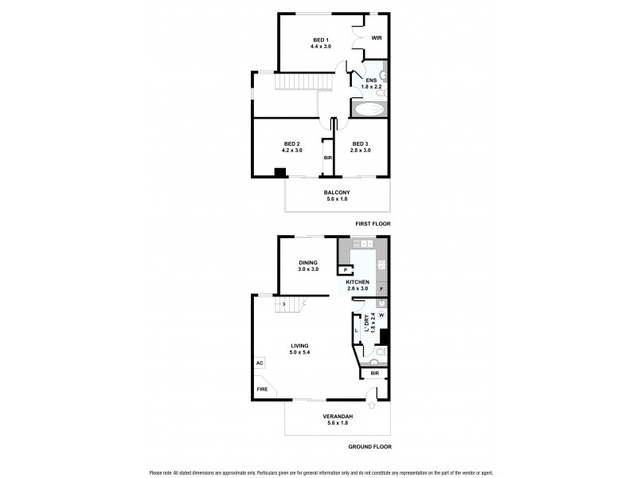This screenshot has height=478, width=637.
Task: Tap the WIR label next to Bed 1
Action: click(377, 37)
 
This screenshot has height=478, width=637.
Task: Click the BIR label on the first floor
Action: click(327, 159)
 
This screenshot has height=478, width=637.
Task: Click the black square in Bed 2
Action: click(279, 171)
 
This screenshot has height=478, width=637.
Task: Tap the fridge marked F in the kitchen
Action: click(381, 288)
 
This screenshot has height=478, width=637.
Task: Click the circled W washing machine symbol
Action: click(381, 315)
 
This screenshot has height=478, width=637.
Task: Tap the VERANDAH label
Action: click(337, 418)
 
